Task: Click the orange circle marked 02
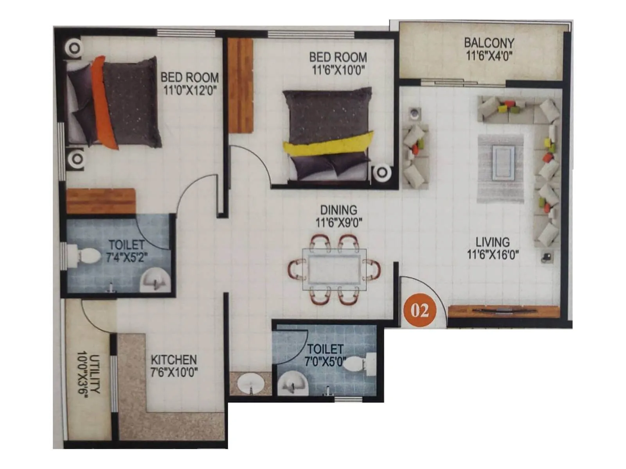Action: (419, 310)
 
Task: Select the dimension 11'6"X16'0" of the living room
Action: (493, 255)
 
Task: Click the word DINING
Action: (338, 210)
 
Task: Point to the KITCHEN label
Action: (174, 360)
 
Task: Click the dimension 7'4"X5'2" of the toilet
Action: (127, 258)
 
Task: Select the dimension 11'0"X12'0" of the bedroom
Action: (190, 90)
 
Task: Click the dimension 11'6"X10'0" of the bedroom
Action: (338, 70)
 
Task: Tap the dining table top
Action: (335, 270)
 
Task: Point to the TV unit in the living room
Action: (504, 311)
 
